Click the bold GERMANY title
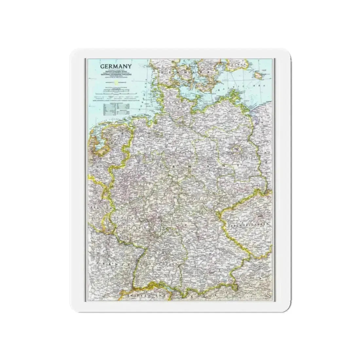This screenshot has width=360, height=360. click(x=116, y=66)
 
